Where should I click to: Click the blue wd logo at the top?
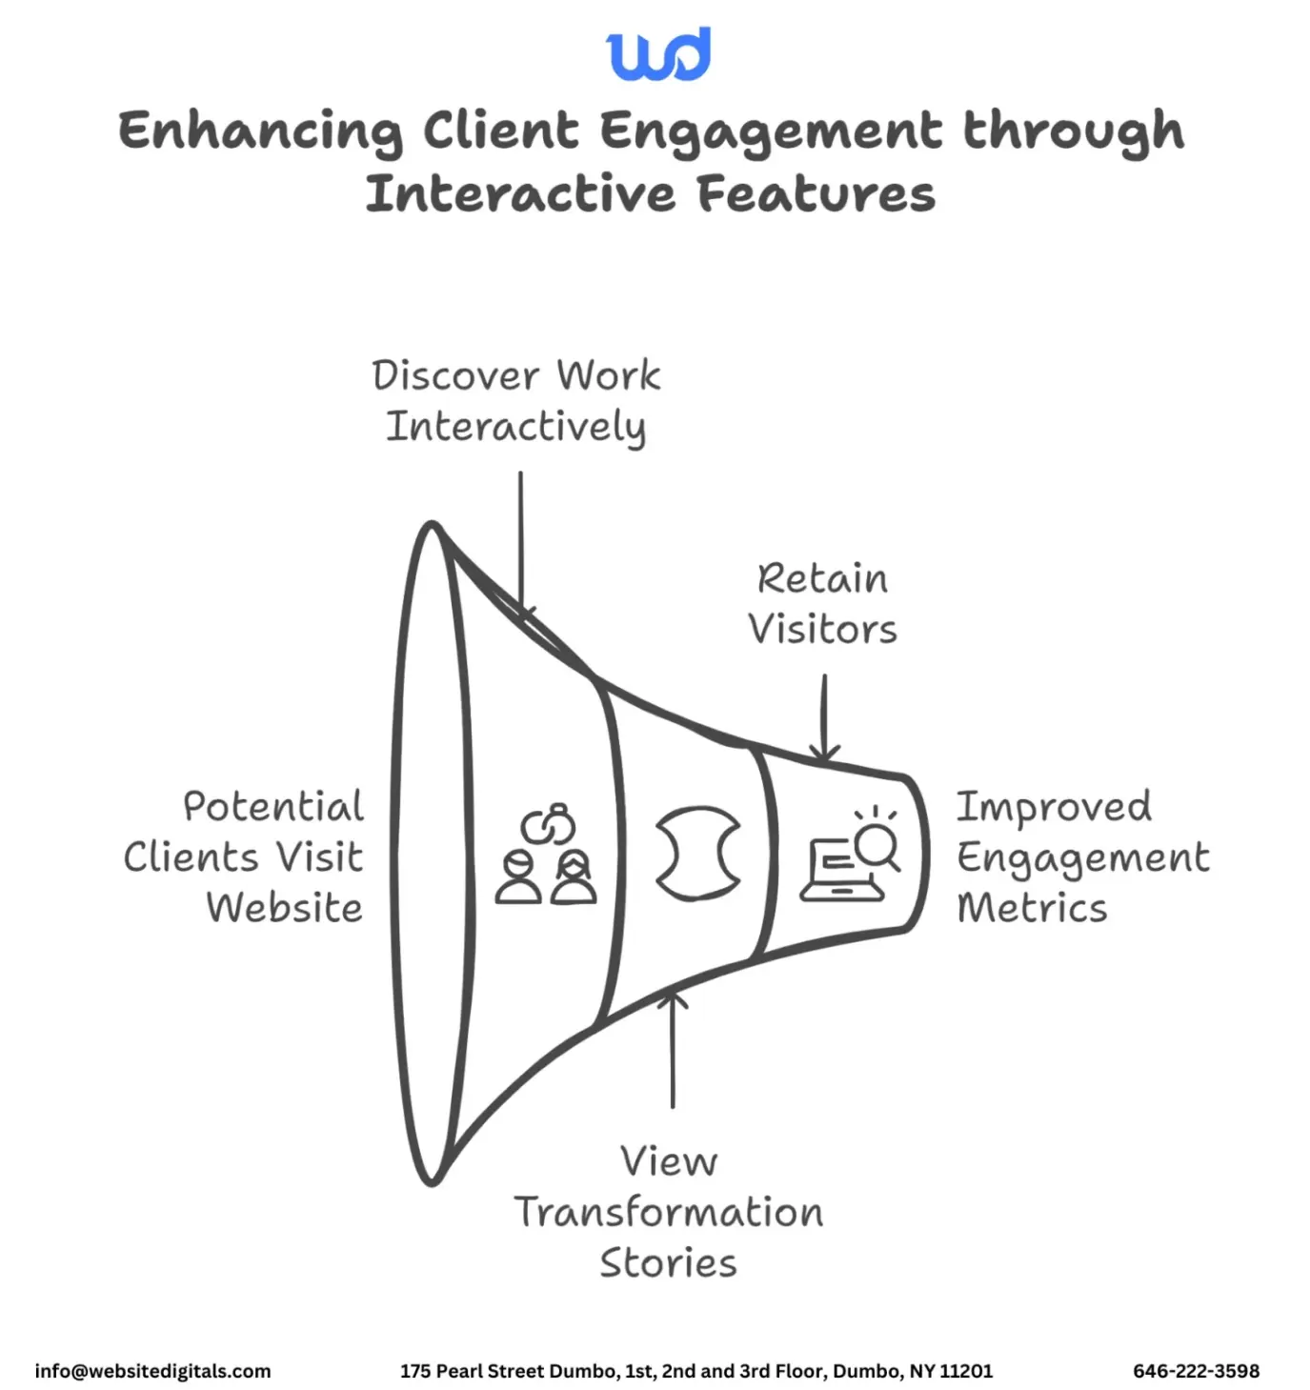pyautogui.click(x=658, y=54)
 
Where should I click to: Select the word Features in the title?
pyautogui.click(x=816, y=194)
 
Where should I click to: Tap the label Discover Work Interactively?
pyautogui.click(x=515, y=401)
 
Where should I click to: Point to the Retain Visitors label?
pyautogui.click(x=822, y=604)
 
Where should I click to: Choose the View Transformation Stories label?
pyautogui.click(x=669, y=1212)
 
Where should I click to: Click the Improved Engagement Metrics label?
pyautogui.click(x=1081, y=856)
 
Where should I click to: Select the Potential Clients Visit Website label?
pyautogui.click(x=245, y=856)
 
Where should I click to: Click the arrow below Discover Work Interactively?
pyautogui.click(x=520, y=543)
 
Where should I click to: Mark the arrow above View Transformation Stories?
pyautogui.click(x=673, y=1048)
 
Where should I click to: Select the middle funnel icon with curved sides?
pyautogui.click(x=698, y=853)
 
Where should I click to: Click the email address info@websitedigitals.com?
pyautogui.click(x=152, y=1371)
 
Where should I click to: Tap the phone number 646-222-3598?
pyautogui.click(x=1196, y=1371)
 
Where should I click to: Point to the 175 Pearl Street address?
pyautogui.click(x=695, y=1371)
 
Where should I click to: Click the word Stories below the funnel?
pyautogui.click(x=668, y=1263)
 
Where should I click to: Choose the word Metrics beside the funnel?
pyautogui.click(x=1032, y=908)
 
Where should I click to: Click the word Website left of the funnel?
pyautogui.click(x=284, y=908)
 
